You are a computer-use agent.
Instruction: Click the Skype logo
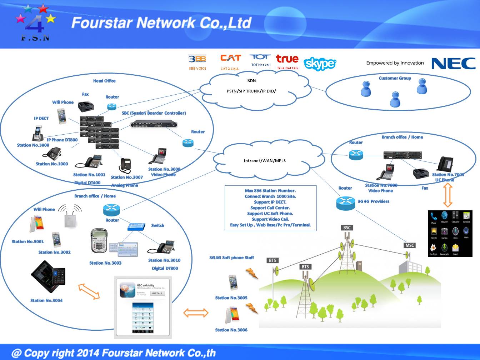320,64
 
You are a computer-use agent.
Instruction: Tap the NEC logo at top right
453,63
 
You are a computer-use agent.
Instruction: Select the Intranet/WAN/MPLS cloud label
265,161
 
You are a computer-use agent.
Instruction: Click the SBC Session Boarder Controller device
154,125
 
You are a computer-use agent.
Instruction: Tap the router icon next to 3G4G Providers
345,203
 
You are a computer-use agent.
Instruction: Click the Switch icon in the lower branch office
136,226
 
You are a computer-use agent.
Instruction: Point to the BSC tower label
347,227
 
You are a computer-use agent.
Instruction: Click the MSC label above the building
410,245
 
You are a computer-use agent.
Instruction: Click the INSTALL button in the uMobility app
157,293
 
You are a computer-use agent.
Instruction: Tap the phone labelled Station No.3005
233,282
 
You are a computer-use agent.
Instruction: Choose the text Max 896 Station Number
270,191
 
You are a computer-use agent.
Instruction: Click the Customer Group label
395,78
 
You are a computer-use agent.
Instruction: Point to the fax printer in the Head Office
86,105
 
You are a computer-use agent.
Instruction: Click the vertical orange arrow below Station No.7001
448,195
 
